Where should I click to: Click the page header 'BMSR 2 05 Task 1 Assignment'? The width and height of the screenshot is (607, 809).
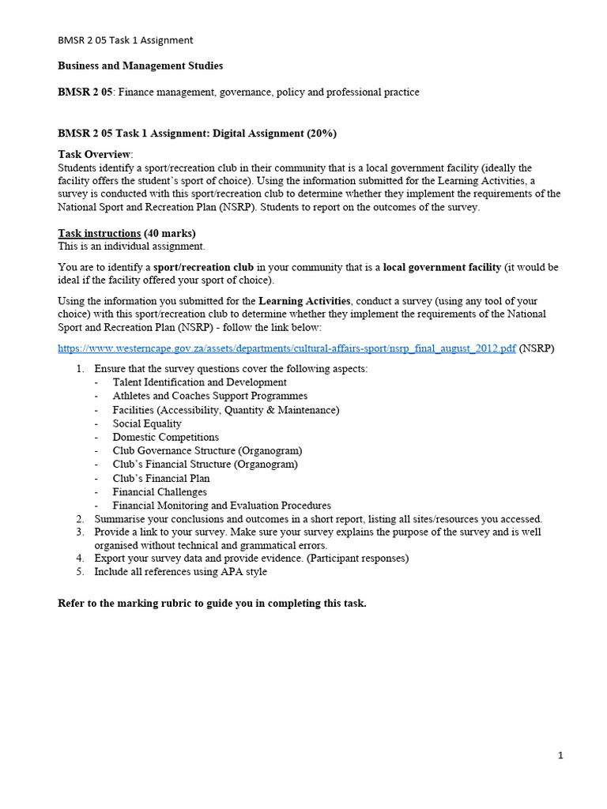click(126, 40)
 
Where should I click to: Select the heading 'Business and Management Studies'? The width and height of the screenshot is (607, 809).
click(141, 66)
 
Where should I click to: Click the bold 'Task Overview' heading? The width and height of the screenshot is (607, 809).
click(95, 154)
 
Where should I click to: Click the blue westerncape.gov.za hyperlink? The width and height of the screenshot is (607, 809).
click(287, 348)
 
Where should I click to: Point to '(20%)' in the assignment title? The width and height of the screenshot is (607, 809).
click(322, 134)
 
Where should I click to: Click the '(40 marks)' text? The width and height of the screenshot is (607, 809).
click(170, 233)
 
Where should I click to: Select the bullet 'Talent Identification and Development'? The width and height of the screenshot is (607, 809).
click(199, 382)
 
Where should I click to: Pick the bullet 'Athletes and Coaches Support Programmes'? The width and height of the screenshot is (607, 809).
click(209, 396)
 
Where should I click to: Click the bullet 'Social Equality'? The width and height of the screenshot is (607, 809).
click(147, 423)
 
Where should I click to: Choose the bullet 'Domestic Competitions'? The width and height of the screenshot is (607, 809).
click(165, 437)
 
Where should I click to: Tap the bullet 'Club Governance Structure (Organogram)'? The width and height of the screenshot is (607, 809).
click(207, 450)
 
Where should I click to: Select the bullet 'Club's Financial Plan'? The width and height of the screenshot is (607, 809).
click(161, 478)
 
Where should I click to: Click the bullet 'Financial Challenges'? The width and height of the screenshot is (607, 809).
click(160, 491)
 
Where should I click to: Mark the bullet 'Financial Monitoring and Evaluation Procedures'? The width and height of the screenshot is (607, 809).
click(221, 506)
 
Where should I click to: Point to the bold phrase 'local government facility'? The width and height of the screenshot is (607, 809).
click(442, 267)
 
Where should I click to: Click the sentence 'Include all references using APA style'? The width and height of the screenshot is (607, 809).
click(180, 572)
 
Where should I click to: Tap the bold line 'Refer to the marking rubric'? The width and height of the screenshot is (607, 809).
click(212, 604)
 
